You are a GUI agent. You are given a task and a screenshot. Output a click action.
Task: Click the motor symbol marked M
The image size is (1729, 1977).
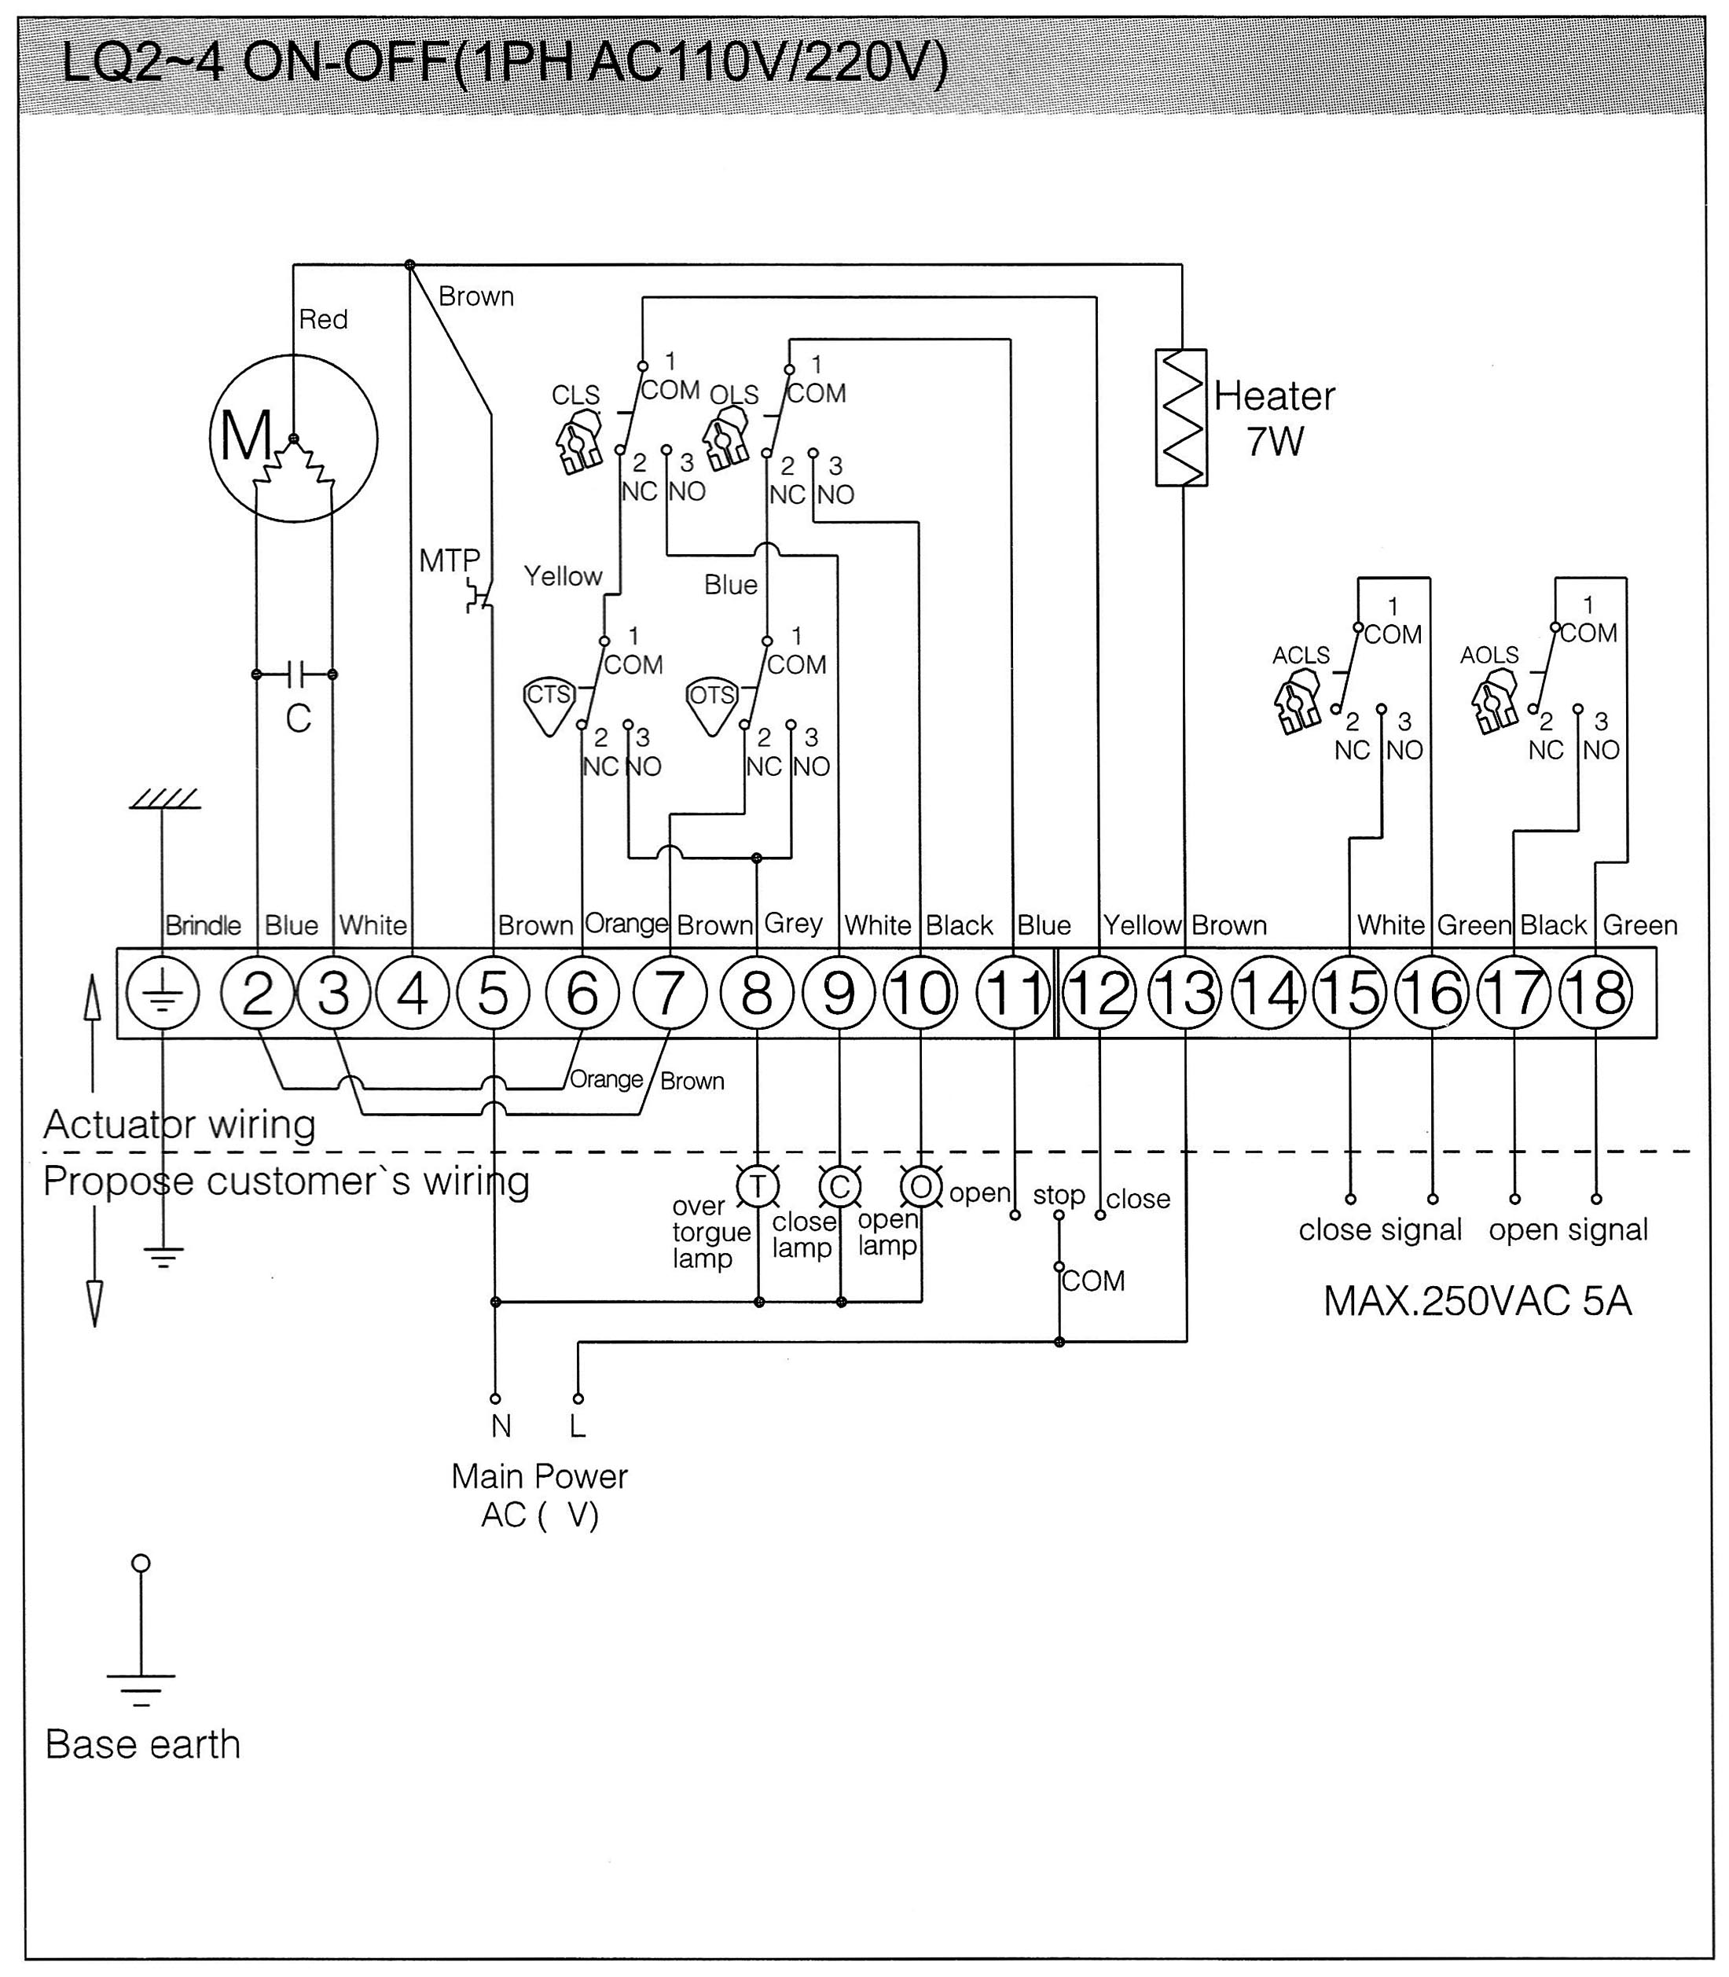pos(293,438)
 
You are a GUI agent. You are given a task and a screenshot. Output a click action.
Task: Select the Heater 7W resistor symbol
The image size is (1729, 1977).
pos(1181,417)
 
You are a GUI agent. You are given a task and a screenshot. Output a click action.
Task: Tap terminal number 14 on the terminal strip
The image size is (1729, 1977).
pos(1268,993)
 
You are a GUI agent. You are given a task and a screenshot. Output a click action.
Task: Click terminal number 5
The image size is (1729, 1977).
pos(493,993)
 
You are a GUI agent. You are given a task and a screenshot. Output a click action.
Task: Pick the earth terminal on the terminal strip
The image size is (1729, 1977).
pos(162,993)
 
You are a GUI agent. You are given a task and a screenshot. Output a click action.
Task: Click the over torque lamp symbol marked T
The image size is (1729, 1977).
pos(758,1187)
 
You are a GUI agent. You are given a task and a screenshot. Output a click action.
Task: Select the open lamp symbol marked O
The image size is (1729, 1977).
pos(921,1187)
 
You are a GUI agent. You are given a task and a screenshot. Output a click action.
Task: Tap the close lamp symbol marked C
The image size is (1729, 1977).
pos(839,1187)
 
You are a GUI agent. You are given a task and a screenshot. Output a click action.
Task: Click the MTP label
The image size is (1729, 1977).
pos(449,560)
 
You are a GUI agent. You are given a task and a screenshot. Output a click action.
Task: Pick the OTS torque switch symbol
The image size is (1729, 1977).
pos(712,706)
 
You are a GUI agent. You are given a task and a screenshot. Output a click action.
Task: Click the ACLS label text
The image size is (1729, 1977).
pos(1301,655)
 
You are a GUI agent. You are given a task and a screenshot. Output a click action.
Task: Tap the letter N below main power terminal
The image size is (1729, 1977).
pos(501,1426)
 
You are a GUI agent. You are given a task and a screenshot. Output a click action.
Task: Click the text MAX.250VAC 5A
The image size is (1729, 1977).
pos(1478,1302)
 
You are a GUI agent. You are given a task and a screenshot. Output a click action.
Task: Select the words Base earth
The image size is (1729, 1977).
pos(143,1744)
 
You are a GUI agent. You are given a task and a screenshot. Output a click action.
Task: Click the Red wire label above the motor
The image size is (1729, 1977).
pos(323,319)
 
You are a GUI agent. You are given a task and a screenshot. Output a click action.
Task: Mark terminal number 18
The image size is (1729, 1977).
pos(1597,993)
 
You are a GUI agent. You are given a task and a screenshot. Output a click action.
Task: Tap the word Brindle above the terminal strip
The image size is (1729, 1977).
pos(203,925)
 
